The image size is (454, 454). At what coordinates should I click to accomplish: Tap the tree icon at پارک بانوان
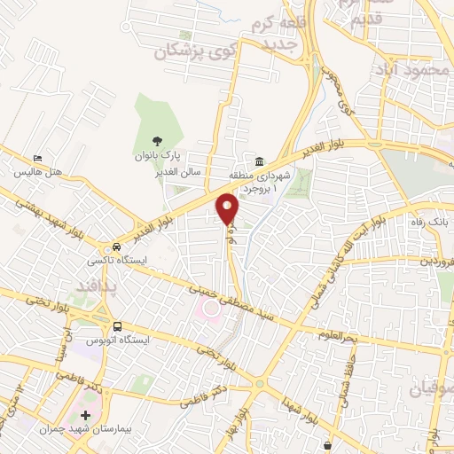157,139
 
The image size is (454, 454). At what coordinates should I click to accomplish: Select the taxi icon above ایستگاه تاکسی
116,247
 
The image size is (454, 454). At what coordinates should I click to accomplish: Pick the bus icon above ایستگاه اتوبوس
118,325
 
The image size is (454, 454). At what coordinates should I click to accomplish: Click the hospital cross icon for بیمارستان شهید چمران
85,415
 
